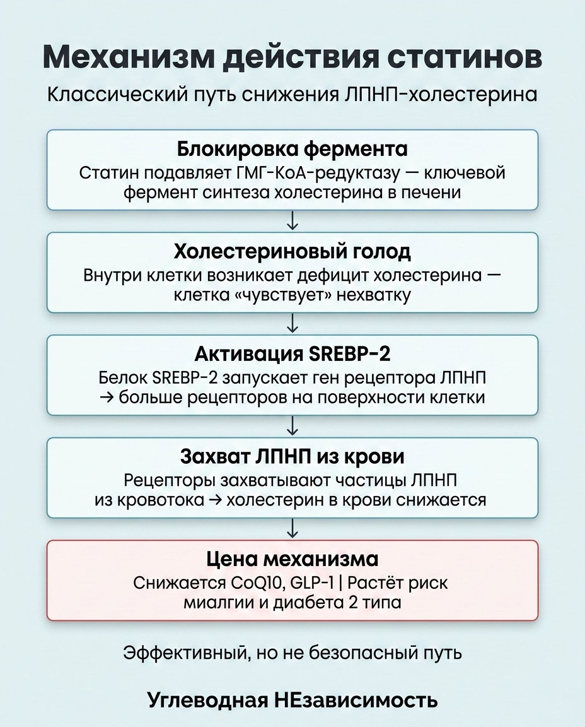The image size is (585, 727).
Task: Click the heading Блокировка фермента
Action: coord(292,150)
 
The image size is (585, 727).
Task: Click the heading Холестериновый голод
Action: coord(292,252)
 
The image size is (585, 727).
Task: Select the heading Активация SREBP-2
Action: coord(292,353)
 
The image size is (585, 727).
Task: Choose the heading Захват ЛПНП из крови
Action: coord(292,456)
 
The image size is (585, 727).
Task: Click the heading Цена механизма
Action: coord(292,559)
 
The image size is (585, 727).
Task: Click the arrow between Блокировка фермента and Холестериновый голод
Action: coord(292,221)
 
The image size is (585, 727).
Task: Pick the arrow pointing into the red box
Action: coord(292,528)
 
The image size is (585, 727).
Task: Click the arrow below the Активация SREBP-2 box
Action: coord(292,426)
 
